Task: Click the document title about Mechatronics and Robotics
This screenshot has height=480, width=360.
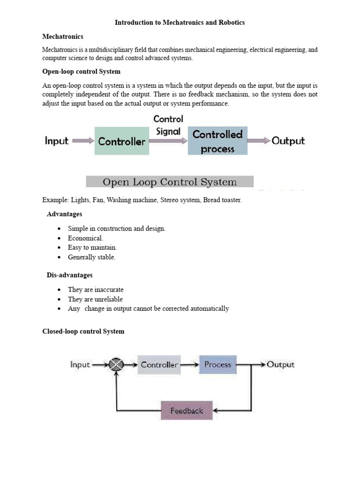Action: [180, 22]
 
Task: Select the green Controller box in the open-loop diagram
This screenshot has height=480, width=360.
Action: [122, 141]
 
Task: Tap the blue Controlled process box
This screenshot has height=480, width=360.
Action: [217, 141]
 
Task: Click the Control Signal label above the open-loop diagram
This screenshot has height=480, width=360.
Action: [168, 125]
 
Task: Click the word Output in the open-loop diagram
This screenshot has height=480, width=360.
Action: [288, 141]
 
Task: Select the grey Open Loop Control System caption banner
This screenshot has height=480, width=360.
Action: [170, 182]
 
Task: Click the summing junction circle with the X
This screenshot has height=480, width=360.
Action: [116, 365]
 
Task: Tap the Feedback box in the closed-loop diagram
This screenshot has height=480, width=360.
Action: [187, 411]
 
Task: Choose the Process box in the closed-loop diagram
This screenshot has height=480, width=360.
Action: [218, 365]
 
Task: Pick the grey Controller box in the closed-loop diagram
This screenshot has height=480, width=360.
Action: [159, 365]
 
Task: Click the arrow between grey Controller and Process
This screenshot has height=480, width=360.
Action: [190, 365]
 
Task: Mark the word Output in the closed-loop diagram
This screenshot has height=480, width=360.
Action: [281, 365]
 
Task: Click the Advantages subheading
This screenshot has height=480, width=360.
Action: [64, 214]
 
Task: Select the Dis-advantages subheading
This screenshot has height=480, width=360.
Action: [69, 275]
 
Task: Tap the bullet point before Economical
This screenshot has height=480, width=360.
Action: [59, 238]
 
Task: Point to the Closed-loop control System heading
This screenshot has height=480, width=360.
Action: [83, 331]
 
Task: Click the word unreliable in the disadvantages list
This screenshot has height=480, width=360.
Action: [108, 299]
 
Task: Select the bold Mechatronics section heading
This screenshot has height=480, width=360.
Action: [63, 36]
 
